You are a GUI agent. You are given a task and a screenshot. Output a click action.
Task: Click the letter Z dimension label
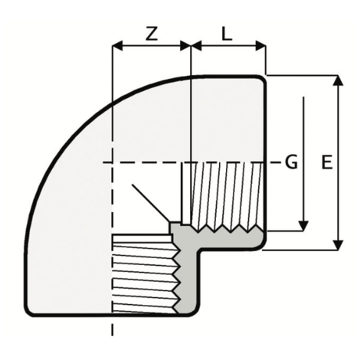(x=152, y=34)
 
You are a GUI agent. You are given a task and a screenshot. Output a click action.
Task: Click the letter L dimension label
(x=227, y=34)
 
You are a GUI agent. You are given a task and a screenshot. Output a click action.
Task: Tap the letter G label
(x=291, y=162)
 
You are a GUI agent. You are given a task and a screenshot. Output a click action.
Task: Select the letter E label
(x=327, y=162)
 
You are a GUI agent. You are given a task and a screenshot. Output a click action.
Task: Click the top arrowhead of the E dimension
(x=339, y=80)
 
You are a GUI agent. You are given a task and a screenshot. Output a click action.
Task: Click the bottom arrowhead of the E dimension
(x=339, y=245)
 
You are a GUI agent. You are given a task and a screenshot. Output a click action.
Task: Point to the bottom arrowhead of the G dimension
(x=303, y=226)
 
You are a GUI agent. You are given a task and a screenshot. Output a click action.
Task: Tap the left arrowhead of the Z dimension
(x=118, y=46)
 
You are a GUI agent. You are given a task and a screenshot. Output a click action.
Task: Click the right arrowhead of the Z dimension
(x=185, y=46)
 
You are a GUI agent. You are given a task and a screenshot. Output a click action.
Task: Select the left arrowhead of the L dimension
(x=196, y=46)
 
